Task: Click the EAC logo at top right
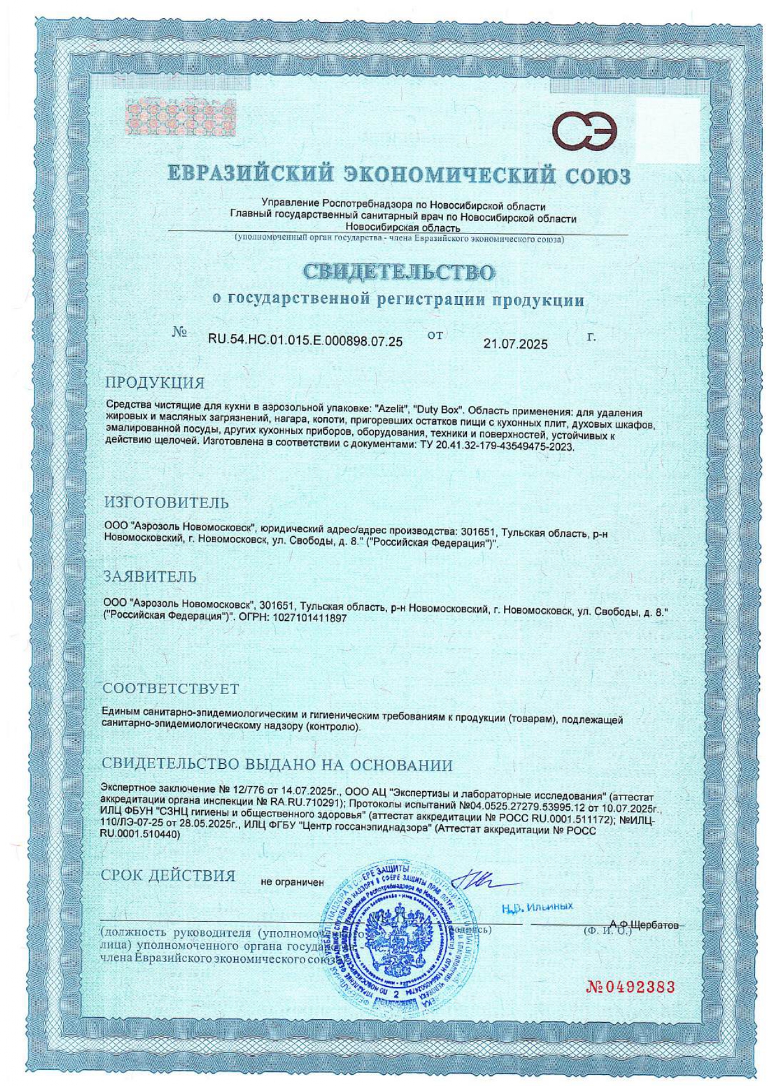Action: pyautogui.click(x=585, y=131)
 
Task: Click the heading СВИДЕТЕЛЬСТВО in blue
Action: pyautogui.click(x=399, y=272)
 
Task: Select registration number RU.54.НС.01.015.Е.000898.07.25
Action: pyautogui.click(x=305, y=341)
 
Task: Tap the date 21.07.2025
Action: pyautogui.click(x=515, y=344)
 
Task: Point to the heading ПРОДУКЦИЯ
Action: pyautogui.click(x=154, y=382)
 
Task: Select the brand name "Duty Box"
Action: pyautogui.click(x=440, y=411)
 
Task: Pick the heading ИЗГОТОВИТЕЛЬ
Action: pyautogui.click(x=166, y=502)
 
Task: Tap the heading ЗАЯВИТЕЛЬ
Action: pyautogui.click(x=149, y=576)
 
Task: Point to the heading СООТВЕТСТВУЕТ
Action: pyautogui.click(x=170, y=688)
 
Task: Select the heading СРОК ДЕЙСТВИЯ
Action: pyautogui.click(x=168, y=875)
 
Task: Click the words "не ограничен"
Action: pyautogui.click(x=292, y=882)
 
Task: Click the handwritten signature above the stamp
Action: pyautogui.click(x=480, y=881)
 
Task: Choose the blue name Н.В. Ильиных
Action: pyautogui.click(x=536, y=907)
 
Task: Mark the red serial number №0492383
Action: pyautogui.click(x=630, y=987)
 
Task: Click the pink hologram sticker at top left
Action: pyautogui.click(x=181, y=117)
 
